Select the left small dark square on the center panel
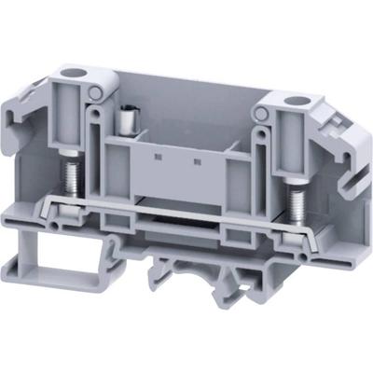point(153,155)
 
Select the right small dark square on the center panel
point(199,160)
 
